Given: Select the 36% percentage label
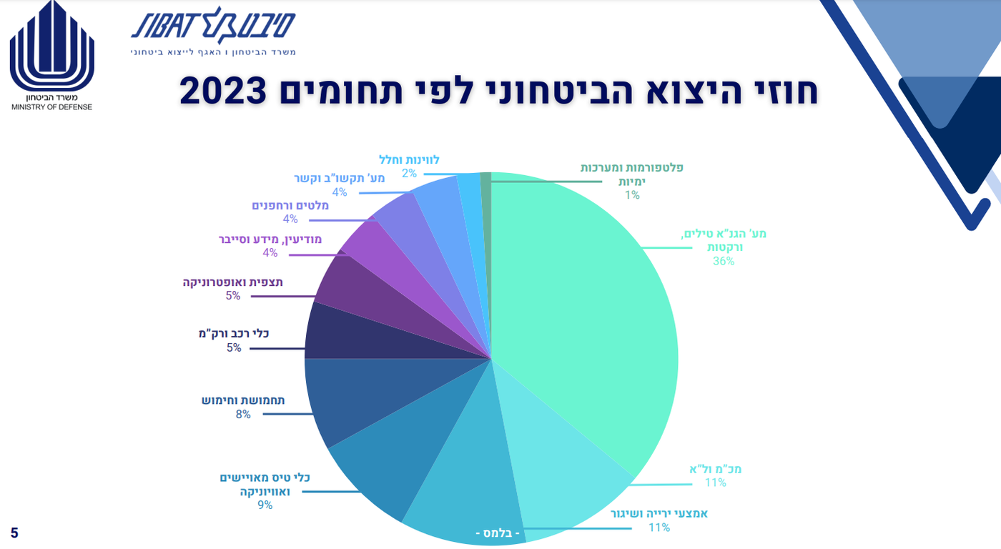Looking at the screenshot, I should pyautogui.click(x=724, y=261).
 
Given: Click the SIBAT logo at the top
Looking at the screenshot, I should pyautogui.click(x=213, y=28).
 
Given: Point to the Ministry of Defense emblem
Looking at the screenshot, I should pyautogui.click(x=51, y=46).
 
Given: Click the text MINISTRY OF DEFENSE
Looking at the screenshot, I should pyautogui.click(x=51, y=107).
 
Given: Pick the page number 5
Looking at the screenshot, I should pyautogui.click(x=14, y=533).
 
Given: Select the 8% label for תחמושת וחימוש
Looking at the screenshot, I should pyautogui.click(x=243, y=414).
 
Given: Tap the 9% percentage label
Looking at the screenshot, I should pyautogui.click(x=265, y=505).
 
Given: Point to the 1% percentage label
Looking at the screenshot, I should pyautogui.click(x=632, y=194).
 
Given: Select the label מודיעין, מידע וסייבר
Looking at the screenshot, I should pyautogui.click(x=270, y=239).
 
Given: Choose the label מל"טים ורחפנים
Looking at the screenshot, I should pyautogui.click(x=290, y=206).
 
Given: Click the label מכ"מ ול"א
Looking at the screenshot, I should pyautogui.click(x=715, y=469).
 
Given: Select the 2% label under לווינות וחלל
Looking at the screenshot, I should pyautogui.click(x=409, y=174).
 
